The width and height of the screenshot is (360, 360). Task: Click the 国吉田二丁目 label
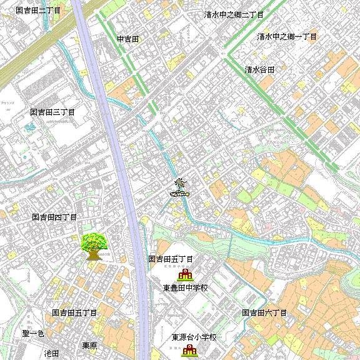(x=38, y=11)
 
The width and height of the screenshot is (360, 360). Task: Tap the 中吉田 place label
(x=127, y=39)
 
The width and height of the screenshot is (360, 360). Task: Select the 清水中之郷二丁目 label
(x=234, y=14)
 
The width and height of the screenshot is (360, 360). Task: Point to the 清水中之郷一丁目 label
(x=287, y=36)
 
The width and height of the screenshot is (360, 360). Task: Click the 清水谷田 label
(x=259, y=69)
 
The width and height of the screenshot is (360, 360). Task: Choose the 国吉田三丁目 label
(x=52, y=112)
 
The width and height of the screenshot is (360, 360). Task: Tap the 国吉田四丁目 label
(x=54, y=217)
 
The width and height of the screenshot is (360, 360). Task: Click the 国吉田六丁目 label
(x=264, y=312)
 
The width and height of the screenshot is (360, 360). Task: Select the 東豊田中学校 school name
(x=185, y=288)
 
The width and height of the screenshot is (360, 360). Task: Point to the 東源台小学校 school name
(x=194, y=337)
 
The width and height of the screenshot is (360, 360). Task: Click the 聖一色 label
(x=33, y=334)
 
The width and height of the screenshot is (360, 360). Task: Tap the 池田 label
(x=51, y=353)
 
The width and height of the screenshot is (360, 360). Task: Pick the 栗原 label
(x=89, y=346)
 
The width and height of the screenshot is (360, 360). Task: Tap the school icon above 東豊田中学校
(x=185, y=274)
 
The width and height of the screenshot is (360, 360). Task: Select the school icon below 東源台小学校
(x=189, y=351)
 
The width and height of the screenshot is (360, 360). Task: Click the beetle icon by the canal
(x=181, y=183)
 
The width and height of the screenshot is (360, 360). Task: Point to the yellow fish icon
(x=179, y=194)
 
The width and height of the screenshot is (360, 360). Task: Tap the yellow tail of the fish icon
(x=187, y=193)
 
